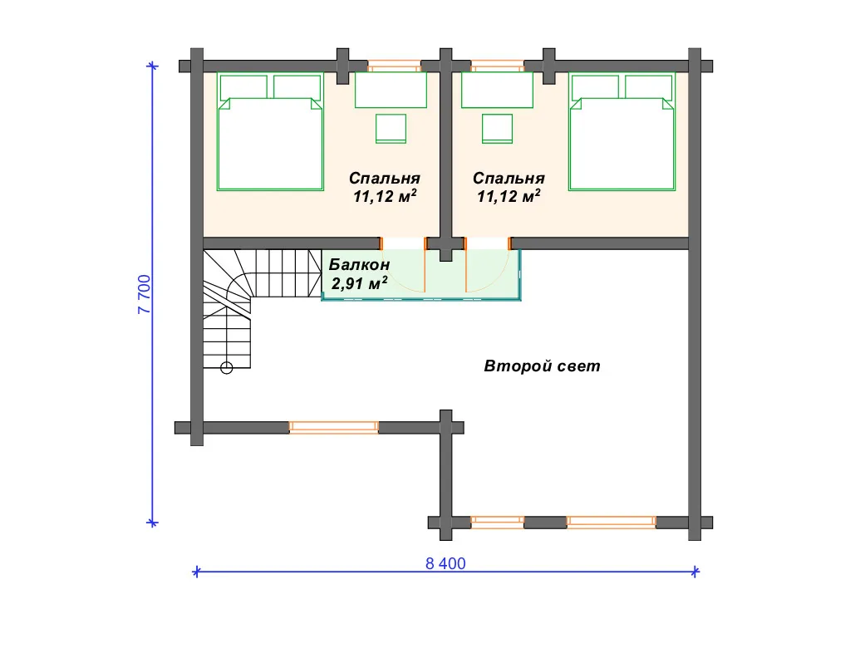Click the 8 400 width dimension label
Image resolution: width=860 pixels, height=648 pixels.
pos(445,563)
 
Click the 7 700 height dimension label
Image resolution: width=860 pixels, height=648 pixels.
pos(144,294)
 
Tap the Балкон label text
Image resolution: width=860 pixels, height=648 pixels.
pos(359,265)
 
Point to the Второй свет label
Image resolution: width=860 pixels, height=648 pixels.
pos(542,366)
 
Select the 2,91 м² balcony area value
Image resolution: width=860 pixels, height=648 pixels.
pos(359,283)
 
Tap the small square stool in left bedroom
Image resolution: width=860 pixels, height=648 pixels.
pos(391,128)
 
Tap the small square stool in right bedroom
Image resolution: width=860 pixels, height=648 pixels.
pos(498,128)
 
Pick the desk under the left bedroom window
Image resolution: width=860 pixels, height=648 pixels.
pos(391,90)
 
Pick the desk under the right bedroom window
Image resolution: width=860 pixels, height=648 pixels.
pos(498,90)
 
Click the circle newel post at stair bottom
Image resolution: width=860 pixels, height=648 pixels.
pos(227,368)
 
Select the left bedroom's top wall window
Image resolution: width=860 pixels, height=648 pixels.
pos(394,66)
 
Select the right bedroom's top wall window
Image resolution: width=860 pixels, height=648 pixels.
pos(498,66)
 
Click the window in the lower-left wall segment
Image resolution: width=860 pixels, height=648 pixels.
pos(333,428)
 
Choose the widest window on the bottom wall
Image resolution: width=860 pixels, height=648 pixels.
pos(611,522)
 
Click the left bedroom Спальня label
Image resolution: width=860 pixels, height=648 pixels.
pos(385,178)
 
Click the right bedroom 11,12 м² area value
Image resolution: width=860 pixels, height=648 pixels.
pos(509,196)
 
